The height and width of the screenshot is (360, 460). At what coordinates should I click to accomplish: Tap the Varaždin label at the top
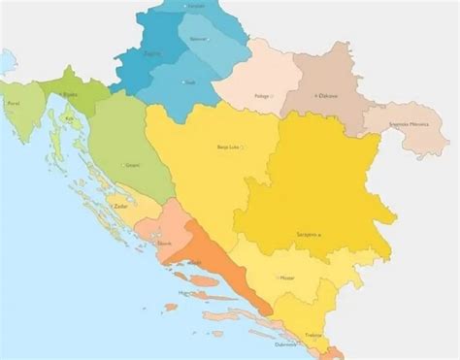pyautogui.click(x=196, y=7)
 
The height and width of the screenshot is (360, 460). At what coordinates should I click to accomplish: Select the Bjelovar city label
pyautogui.click(x=200, y=39)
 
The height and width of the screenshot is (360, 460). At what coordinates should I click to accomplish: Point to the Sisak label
pyautogui.click(x=190, y=82)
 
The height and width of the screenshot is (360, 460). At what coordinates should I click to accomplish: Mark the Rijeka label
pyautogui.click(x=67, y=94)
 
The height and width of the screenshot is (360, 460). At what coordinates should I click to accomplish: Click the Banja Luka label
pyautogui.click(x=230, y=147)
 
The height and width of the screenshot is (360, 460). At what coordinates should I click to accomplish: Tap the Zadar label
pyautogui.click(x=121, y=207)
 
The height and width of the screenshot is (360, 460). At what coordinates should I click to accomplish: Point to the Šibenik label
pyautogui.click(x=164, y=243)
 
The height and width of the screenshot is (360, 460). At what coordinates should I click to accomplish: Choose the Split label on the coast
pyautogui.click(x=197, y=263)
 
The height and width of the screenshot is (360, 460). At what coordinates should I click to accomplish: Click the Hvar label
pyautogui.click(x=184, y=291)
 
